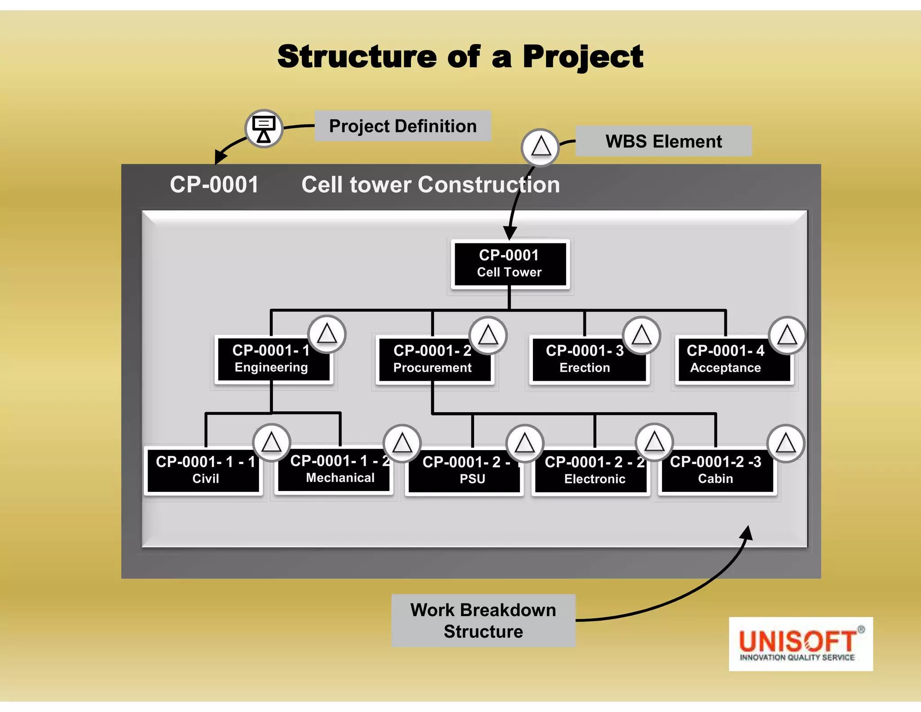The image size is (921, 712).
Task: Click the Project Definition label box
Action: click(x=402, y=126)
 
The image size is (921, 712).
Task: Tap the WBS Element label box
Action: click(x=663, y=141)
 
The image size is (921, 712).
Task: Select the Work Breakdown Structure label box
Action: click(x=483, y=621)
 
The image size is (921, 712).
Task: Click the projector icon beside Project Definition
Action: click(x=264, y=129)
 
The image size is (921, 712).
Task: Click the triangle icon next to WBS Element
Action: click(x=540, y=147)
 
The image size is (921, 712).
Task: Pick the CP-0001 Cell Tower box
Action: click(x=510, y=264)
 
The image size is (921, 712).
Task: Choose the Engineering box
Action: click(x=271, y=360)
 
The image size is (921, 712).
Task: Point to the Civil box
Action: click(x=205, y=471)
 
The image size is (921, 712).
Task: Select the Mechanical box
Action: click(x=335, y=470)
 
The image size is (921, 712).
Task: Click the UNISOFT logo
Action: click(x=800, y=644)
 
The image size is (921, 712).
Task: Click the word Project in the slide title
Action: click(x=583, y=57)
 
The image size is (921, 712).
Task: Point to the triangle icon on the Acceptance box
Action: click(x=787, y=335)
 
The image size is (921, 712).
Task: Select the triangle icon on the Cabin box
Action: click(x=786, y=443)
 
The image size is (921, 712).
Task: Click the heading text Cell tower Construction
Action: click(x=430, y=185)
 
